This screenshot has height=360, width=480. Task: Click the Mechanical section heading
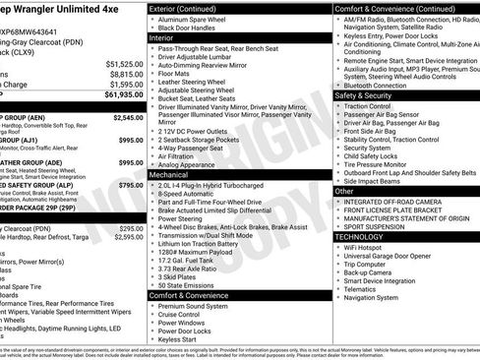tap(170, 174)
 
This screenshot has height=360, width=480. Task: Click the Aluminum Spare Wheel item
tap(192, 20)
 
